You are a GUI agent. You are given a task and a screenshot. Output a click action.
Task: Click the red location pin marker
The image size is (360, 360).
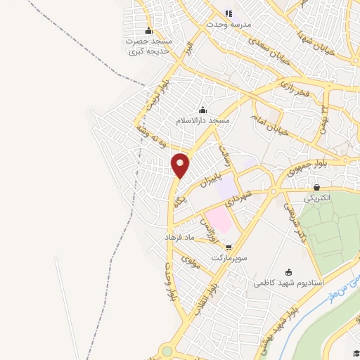coord(181,165)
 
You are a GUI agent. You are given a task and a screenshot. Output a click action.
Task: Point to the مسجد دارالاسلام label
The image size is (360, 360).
coord(203,120)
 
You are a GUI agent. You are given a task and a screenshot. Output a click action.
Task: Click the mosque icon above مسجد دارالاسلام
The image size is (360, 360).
coord(203,110)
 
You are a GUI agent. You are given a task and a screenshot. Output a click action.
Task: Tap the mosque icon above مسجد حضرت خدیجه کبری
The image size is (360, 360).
coord(148,31)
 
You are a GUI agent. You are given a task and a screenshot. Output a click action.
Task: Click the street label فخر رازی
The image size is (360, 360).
coord(295,88)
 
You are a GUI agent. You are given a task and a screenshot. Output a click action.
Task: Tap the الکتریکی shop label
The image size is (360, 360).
coord(317,198)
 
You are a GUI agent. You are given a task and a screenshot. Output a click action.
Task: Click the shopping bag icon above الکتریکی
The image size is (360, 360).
coord(317,188)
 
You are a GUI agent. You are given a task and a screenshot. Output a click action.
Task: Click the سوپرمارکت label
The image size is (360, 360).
coord(229,257)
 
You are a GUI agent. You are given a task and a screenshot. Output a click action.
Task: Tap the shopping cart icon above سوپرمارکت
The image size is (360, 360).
coord(229,247)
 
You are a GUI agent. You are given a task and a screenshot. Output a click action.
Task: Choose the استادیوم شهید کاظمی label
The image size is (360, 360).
coord(288,283)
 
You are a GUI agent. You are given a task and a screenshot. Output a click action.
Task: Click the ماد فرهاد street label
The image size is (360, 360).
coord(178,237)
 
